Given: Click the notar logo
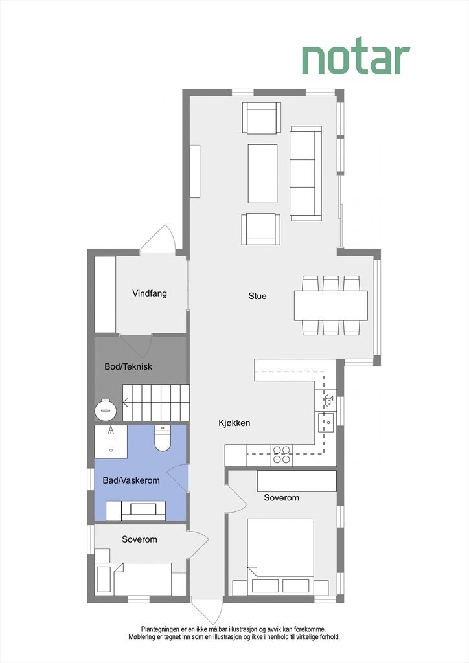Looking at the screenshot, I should point(356,60).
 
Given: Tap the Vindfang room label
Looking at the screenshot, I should point(150,293).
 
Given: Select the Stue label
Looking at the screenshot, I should point(257,297).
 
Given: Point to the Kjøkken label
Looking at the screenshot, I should point(234,423).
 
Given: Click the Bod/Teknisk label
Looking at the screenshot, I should point(128,366).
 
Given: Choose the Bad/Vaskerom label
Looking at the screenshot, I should point(132,481).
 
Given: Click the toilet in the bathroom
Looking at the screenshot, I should point(162,439).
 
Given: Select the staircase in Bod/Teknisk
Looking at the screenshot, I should point(156,402).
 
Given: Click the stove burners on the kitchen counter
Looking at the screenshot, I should point(282,455).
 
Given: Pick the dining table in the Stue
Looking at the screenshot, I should point(330,306).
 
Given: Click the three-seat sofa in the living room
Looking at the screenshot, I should point(306,173).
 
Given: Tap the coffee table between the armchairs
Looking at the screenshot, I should point(262,174).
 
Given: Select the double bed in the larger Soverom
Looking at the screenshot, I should point(280,556).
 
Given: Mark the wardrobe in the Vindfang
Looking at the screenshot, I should point(105,295).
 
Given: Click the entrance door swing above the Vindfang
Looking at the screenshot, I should point(159,240).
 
